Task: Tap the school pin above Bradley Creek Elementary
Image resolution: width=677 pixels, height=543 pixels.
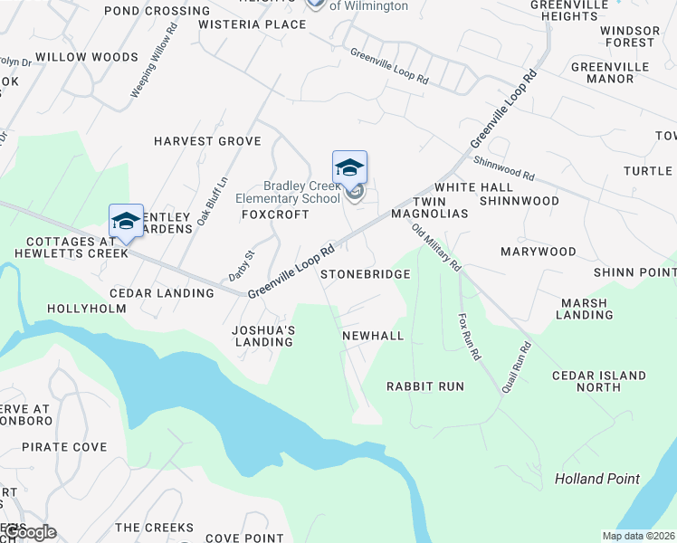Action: (349, 168)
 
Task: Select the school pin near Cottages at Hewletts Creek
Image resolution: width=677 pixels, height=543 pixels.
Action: (126, 221)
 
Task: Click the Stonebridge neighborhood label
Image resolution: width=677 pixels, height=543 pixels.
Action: (365, 273)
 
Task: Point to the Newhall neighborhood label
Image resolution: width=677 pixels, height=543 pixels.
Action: (373, 336)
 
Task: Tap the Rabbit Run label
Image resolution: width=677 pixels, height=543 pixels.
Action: (425, 386)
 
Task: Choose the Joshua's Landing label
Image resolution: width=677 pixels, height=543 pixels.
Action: (263, 336)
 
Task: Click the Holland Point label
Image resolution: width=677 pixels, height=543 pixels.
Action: (596, 479)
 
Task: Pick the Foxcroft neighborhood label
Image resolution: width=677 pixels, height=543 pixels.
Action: (275, 214)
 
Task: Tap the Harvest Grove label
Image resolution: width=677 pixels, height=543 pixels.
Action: (207, 141)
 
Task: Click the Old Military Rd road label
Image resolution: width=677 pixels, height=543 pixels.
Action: (437, 247)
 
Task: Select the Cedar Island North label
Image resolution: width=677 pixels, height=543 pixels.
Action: (599, 381)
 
